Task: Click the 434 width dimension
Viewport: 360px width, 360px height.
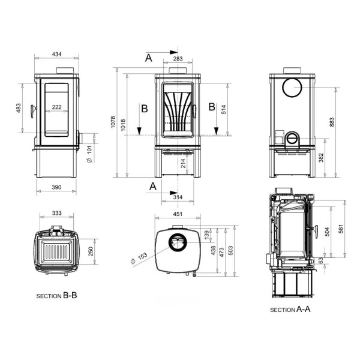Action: coord(57,54)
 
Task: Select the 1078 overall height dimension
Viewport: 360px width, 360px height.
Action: coord(113,122)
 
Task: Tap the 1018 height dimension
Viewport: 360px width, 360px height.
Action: coord(123,125)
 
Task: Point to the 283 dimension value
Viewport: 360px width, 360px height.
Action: coord(178,59)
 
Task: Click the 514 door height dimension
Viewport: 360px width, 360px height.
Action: coord(224,109)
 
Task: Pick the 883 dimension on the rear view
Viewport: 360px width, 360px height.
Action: coord(332,122)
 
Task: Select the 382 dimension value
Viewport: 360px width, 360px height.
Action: coord(321,158)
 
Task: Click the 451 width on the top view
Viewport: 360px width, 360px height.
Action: coord(178,214)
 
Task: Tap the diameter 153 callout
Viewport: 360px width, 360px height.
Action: coord(139,259)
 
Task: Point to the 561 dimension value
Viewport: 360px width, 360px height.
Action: coord(341,229)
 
